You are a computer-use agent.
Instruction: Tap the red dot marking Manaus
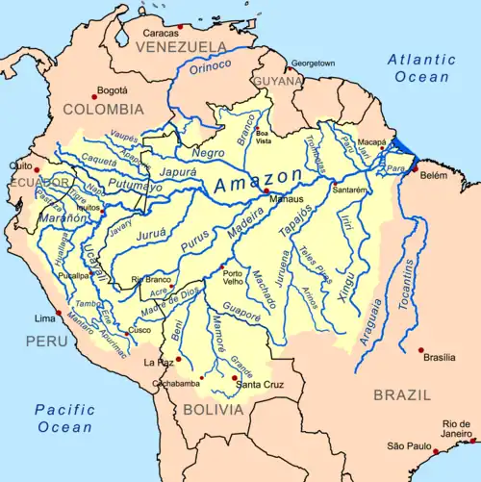pyautogui.click(x=266, y=191)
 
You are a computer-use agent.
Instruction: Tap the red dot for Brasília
pyautogui.click(x=420, y=350)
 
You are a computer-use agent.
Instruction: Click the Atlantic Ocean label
pyautogui.click(x=421, y=68)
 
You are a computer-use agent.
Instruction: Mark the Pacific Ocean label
pyautogui.click(x=64, y=418)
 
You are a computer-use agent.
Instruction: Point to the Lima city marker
pyautogui.click(x=60, y=313)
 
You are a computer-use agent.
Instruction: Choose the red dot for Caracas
pyautogui.click(x=180, y=26)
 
